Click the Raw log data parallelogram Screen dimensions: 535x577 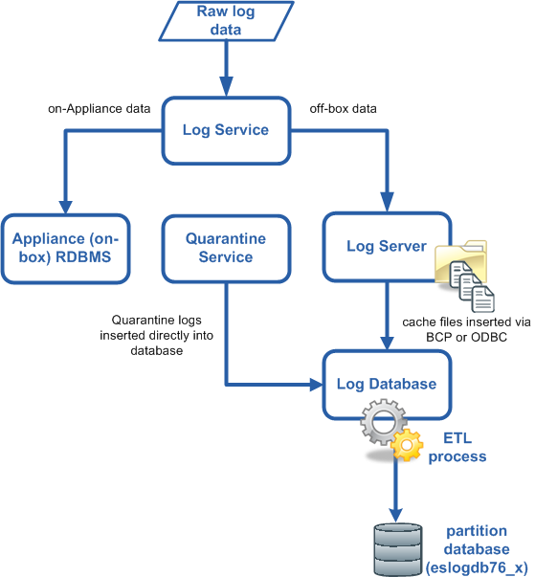pyautogui.click(x=226, y=21)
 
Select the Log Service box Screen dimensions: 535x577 pyautogui.click(x=226, y=131)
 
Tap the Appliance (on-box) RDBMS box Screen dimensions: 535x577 pyautogui.click(x=65, y=249)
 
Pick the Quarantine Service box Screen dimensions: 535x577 pyautogui.click(x=226, y=249)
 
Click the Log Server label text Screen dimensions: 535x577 pyautogui.click(x=387, y=246)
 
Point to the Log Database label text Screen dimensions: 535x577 pyautogui.click(x=387, y=384)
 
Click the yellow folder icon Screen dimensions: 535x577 pyautogui.click(x=461, y=261)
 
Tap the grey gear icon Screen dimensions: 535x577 pyautogui.click(x=383, y=421)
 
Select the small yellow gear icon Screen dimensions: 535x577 pyautogui.click(x=407, y=445)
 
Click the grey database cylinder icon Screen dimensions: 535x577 pyautogui.click(x=398, y=549)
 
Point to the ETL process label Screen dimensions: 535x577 pyautogui.click(x=457, y=448)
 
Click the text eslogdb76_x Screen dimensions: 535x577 pyautogui.click(x=477, y=567)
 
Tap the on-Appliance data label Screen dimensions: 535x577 pyautogui.click(x=100, y=109)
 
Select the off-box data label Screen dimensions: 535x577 pyautogui.click(x=343, y=109)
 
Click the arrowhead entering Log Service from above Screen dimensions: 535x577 pyautogui.click(x=226, y=86)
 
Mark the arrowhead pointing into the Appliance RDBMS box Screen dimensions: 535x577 pyautogui.click(x=65, y=208)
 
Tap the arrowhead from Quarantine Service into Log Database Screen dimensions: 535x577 pyautogui.click(x=317, y=385)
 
